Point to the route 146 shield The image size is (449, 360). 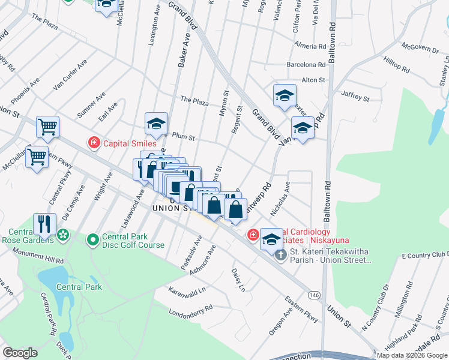coord(314,295)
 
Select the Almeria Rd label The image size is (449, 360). coord(310,45)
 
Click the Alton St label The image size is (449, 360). coord(313,80)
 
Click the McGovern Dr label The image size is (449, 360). coord(420,47)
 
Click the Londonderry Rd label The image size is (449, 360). coord(192,309)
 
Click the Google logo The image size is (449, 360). coord(20,353)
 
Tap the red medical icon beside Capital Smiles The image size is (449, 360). coord(94,143)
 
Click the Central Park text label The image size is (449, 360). coord(79,287)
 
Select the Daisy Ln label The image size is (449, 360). coord(238,280)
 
